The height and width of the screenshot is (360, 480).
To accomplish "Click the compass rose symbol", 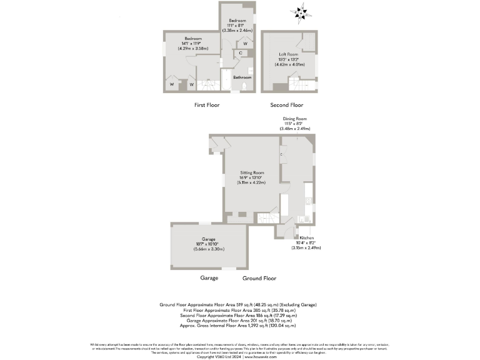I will tap(303, 12).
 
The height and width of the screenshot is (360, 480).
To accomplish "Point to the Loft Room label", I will tap(289, 54).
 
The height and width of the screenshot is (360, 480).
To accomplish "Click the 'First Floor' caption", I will tap(207, 105).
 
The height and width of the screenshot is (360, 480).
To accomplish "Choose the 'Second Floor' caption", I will tap(286, 105).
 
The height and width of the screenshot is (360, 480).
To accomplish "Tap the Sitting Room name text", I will tap(252, 172).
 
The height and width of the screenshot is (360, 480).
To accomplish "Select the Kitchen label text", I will tap(306, 238).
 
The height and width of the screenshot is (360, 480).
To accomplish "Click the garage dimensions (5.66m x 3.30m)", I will tap(209, 249).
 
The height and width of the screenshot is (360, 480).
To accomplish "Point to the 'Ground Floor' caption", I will tap(259, 278).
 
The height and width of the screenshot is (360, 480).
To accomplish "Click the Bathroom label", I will tap(242, 77).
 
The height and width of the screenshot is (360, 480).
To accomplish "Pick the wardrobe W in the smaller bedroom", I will tap(245, 43).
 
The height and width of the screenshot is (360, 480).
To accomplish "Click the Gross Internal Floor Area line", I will tap(237, 326).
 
